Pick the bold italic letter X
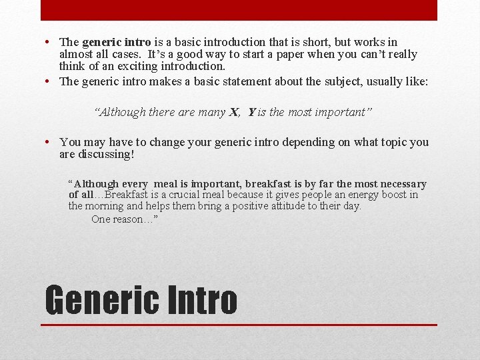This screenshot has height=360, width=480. (234, 112)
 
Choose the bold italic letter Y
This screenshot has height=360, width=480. (251, 112)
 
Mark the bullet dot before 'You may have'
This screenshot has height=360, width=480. (50, 142)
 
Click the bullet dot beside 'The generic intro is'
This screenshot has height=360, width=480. (50, 43)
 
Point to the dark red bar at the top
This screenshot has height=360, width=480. (239, 10)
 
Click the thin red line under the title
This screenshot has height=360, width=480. (239, 325)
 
